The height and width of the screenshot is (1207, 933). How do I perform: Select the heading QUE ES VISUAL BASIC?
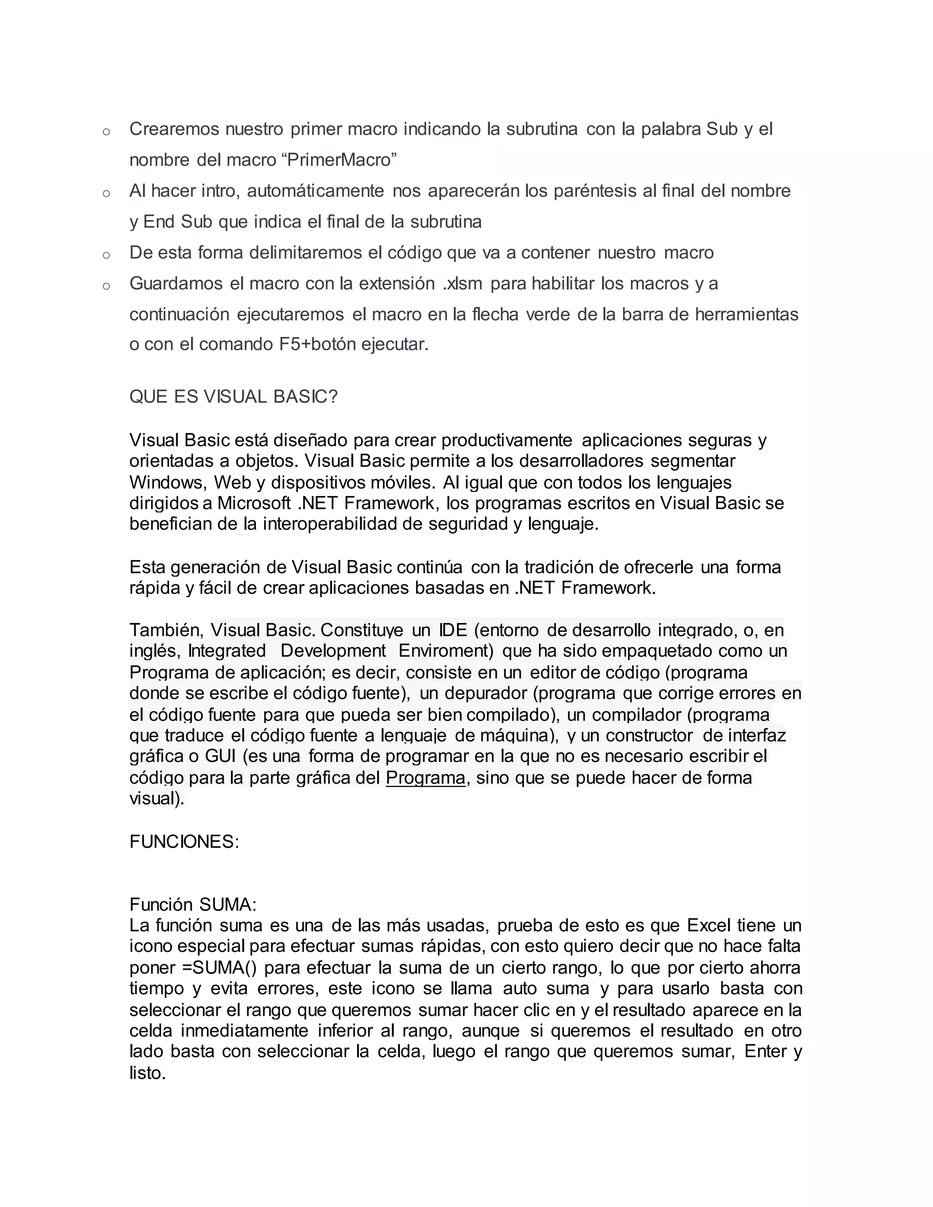(x=233, y=397)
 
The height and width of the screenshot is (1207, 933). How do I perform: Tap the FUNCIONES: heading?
(x=184, y=842)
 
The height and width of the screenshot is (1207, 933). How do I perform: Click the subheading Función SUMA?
(x=193, y=905)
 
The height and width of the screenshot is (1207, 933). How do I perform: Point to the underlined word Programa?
(x=425, y=778)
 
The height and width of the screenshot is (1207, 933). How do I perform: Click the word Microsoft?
(x=254, y=503)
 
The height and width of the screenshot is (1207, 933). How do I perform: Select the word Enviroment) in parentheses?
(x=446, y=651)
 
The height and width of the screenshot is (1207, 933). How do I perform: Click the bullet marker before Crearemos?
(x=106, y=132)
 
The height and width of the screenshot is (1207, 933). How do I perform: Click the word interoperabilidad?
(x=329, y=524)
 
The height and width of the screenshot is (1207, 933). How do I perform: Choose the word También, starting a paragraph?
(x=166, y=630)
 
